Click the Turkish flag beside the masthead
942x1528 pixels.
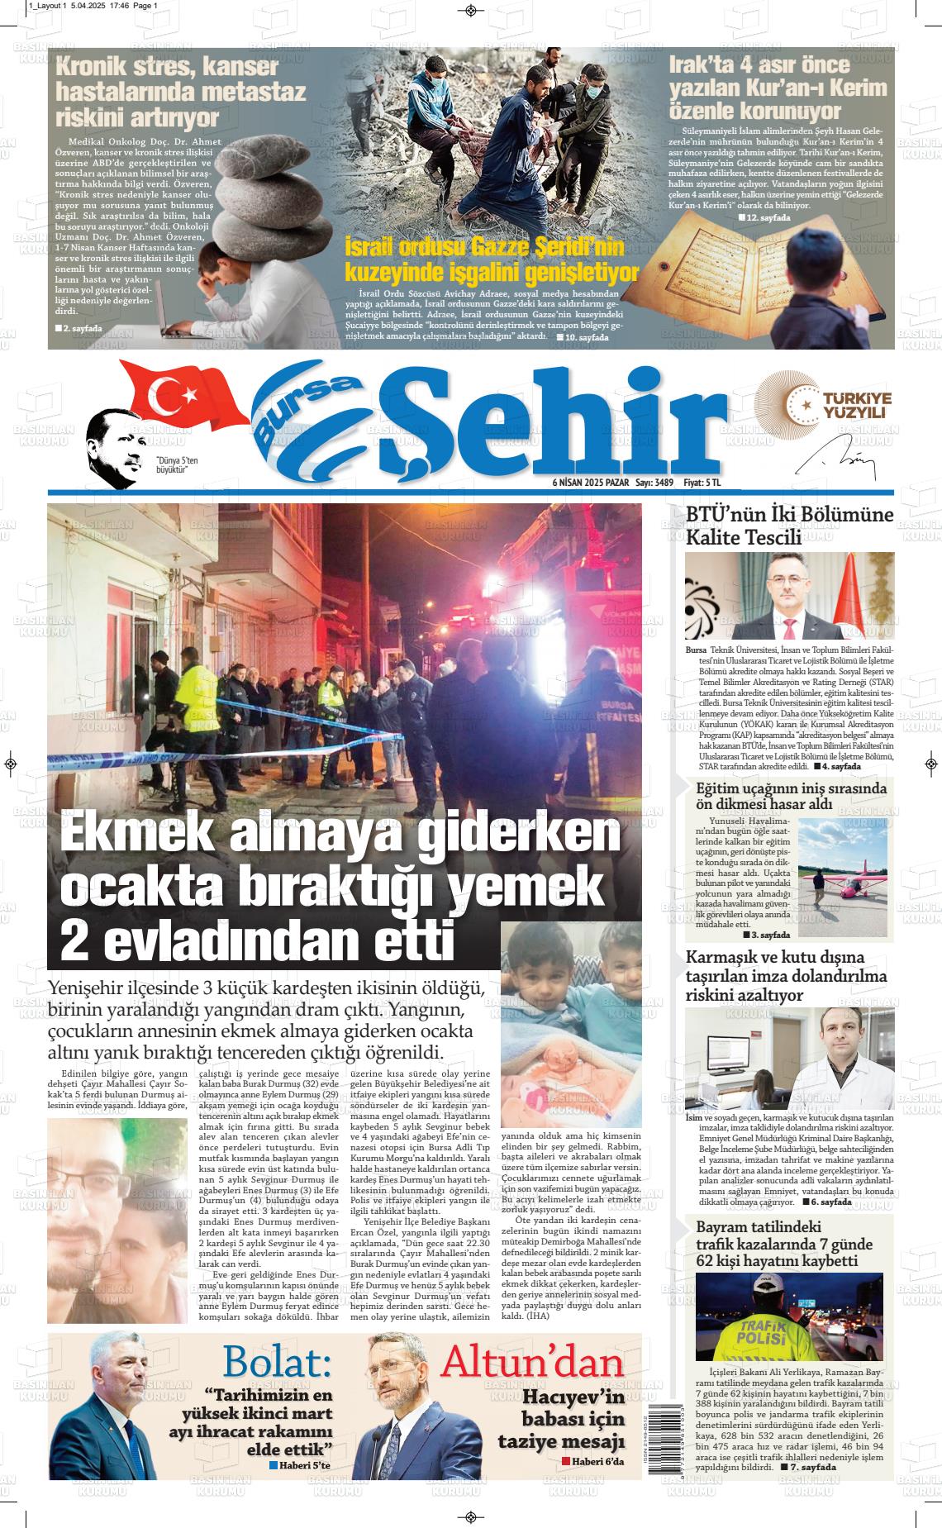[178, 394]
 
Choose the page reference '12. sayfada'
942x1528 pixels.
[768, 217]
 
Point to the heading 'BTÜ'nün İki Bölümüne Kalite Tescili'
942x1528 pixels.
[789, 526]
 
